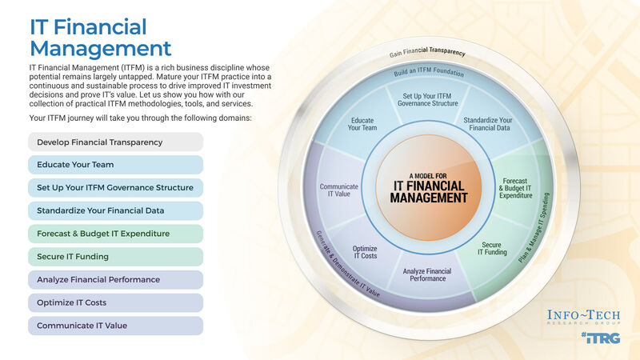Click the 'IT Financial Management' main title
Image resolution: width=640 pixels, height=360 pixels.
tap(101, 37)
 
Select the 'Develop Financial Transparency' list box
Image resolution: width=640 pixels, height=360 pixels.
tap(115, 142)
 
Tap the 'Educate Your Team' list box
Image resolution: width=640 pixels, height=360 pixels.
tap(115, 165)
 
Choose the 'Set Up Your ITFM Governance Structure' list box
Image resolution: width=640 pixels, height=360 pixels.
tap(115, 188)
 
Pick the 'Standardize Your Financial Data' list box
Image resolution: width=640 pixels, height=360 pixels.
tap(115, 211)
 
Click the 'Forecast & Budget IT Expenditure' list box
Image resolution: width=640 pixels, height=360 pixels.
tap(115, 234)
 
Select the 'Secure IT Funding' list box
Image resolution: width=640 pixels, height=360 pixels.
tap(115, 257)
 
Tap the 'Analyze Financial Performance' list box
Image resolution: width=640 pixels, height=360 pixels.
tap(115, 280)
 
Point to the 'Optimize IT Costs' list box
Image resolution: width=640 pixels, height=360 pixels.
tap(115, 303)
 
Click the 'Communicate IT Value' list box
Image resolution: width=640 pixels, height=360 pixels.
tap(115, 326)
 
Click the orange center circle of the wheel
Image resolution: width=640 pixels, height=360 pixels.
tap(429, 186)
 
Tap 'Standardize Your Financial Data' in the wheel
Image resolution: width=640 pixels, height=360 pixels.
tap(488, 125)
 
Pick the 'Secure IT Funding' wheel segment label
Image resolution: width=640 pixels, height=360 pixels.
tap(492, 249)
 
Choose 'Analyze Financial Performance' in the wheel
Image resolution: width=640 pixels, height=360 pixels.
tap(428, 276)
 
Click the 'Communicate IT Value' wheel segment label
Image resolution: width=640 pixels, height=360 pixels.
tap(339, 190)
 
